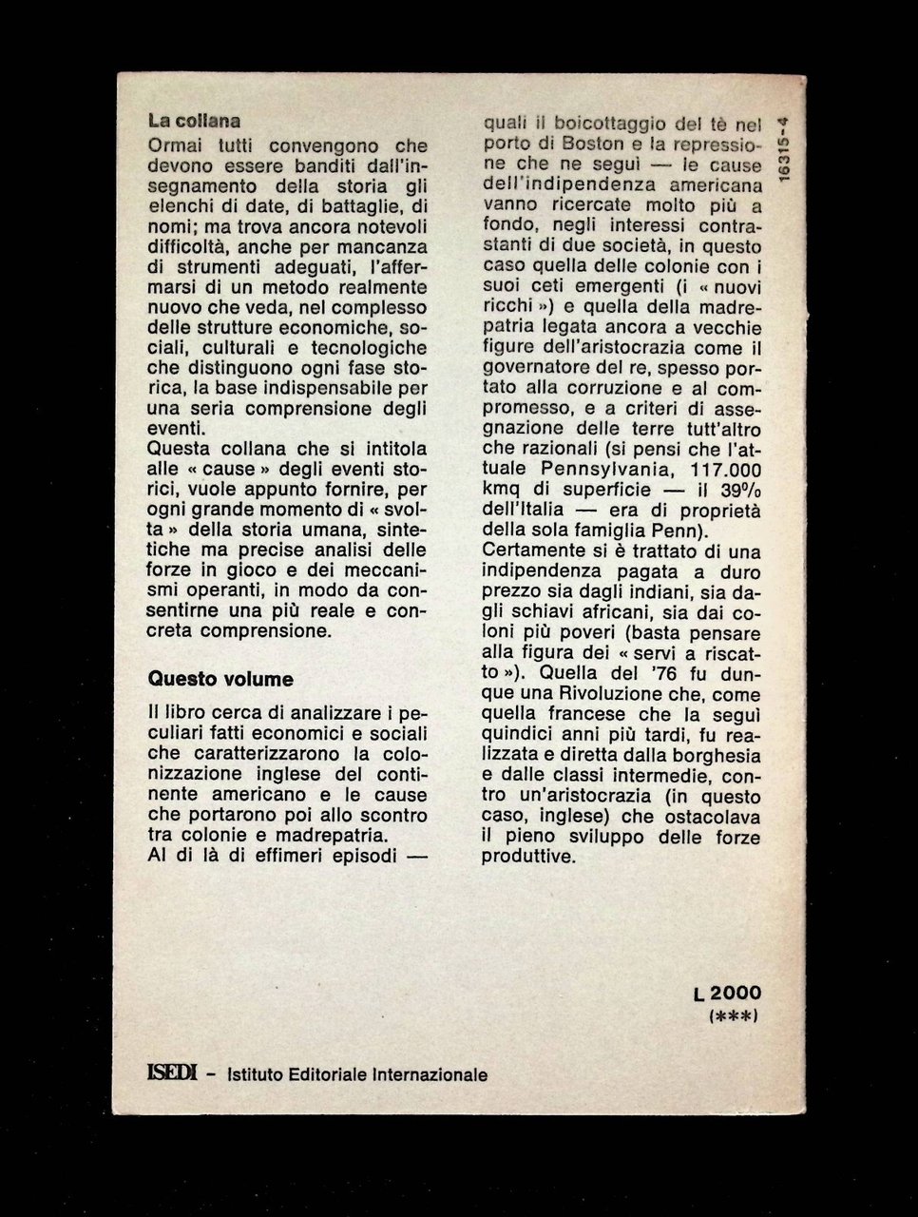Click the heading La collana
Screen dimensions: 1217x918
(x=194, y=122)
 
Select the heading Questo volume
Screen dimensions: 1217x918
(x=220, y=679)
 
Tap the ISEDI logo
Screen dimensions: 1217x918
(x=172, y=1074)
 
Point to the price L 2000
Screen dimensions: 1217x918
(x=727, y=994)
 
